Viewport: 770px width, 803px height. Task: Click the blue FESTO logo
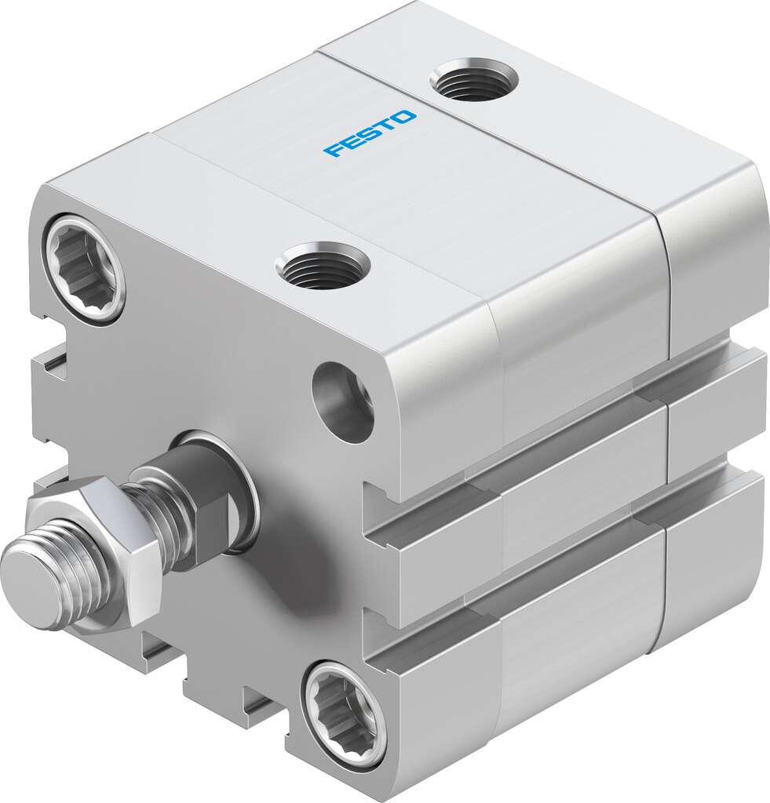(370, 133)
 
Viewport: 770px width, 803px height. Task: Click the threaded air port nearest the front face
(323, 266)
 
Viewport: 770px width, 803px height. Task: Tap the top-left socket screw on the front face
(85, 267)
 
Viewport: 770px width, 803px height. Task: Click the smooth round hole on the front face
(343, 401)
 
